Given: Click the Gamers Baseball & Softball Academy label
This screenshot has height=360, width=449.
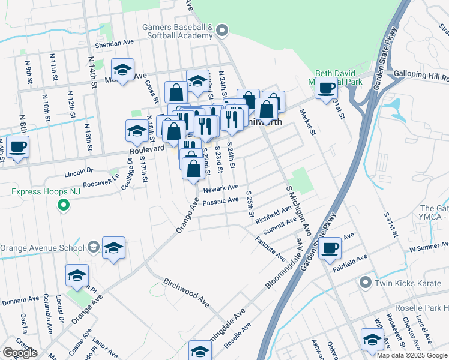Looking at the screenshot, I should click(x=178, y=32).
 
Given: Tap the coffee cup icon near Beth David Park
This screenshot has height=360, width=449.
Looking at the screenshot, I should click(x=327, y=89).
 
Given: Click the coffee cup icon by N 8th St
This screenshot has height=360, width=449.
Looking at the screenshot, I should click(x=17, y=146).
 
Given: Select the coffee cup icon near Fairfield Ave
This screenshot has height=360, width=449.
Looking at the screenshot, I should click(x=330, y=247).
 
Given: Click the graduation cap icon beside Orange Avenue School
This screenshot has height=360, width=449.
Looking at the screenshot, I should click(x=113, y=248).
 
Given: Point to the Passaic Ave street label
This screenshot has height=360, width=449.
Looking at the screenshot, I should click(x=221, y=201).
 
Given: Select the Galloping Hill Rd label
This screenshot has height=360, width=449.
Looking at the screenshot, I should click(x=421, y=77).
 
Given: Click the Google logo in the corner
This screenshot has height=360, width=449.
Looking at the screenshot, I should click(x=20, y=353).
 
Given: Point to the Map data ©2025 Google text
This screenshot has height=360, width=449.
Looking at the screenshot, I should click(x=411, y=355).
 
